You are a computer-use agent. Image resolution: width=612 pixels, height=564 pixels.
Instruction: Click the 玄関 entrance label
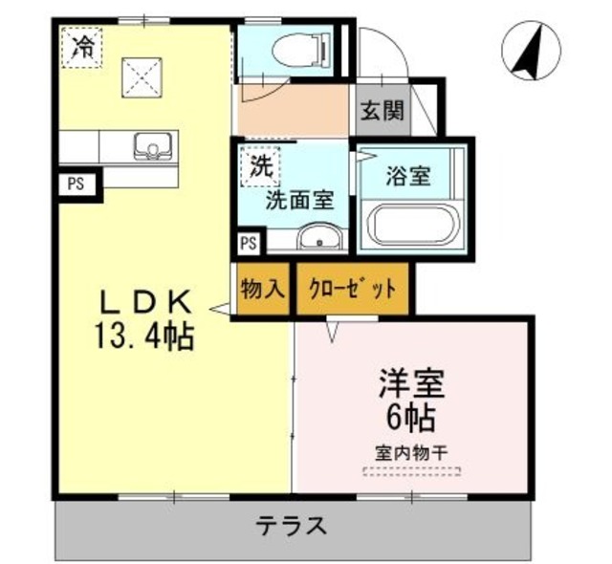pyautogui.click(x=382, y=110)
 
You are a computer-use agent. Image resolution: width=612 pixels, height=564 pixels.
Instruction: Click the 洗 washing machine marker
pyautogui.click(x=260, y=164)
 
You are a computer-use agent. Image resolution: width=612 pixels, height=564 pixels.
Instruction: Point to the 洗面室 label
pyautogui.click(x=299, y=201)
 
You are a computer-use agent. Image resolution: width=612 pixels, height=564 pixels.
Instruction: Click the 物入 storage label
pyautogui.click(x=262, y=286)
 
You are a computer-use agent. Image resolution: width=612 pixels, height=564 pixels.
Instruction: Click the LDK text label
pyautogui.click(x=148, y=303)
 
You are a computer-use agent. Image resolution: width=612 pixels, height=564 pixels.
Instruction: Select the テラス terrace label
pyautogui.click(x=293, y=525)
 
